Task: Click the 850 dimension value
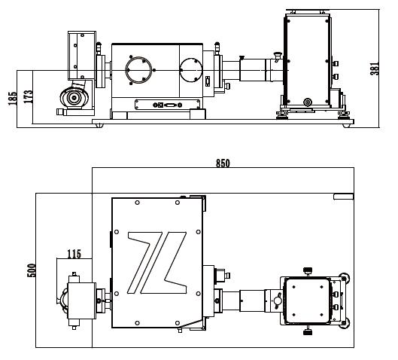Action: pos(223,163)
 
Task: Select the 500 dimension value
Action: pos(32,270)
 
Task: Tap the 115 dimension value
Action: pos(74,254)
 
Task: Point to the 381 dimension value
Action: pos(375,68)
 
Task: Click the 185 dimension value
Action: pos(13,99)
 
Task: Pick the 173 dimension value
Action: pos(28,96)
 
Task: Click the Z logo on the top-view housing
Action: pos(157,263)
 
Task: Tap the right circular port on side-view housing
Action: pos(191,70)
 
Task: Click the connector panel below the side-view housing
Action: pos(168,105)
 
